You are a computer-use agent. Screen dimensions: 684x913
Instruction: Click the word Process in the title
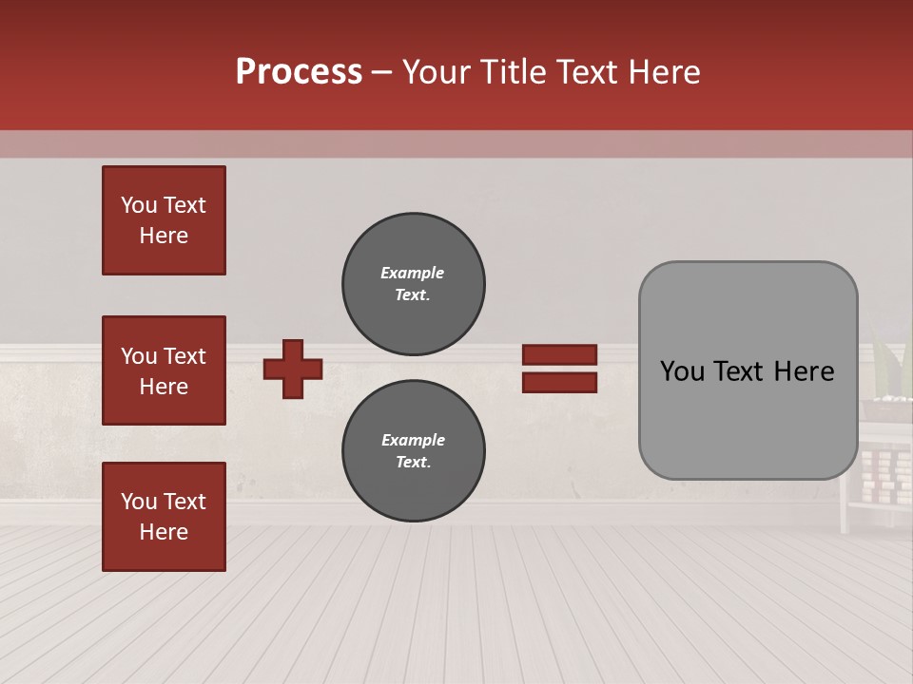(299, 72)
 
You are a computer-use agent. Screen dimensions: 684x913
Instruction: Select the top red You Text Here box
(164, 220)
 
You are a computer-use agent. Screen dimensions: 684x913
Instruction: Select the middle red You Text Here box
(164, 370)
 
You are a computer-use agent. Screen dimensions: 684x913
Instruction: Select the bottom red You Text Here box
(164, 516)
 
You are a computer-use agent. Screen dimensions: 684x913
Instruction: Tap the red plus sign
(293, 369)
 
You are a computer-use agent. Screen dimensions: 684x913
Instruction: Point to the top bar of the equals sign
(559, 355)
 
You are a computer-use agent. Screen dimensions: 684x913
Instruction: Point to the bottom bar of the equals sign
(559, 383)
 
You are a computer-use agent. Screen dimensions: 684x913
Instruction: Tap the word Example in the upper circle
(412, 273)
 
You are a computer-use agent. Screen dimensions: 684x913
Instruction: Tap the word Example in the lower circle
(413, 440)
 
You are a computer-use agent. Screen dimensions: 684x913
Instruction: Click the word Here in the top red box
(164, 236)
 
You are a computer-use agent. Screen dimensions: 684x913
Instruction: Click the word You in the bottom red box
(139, 502)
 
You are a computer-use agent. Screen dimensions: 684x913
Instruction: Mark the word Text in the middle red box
(185, 356)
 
